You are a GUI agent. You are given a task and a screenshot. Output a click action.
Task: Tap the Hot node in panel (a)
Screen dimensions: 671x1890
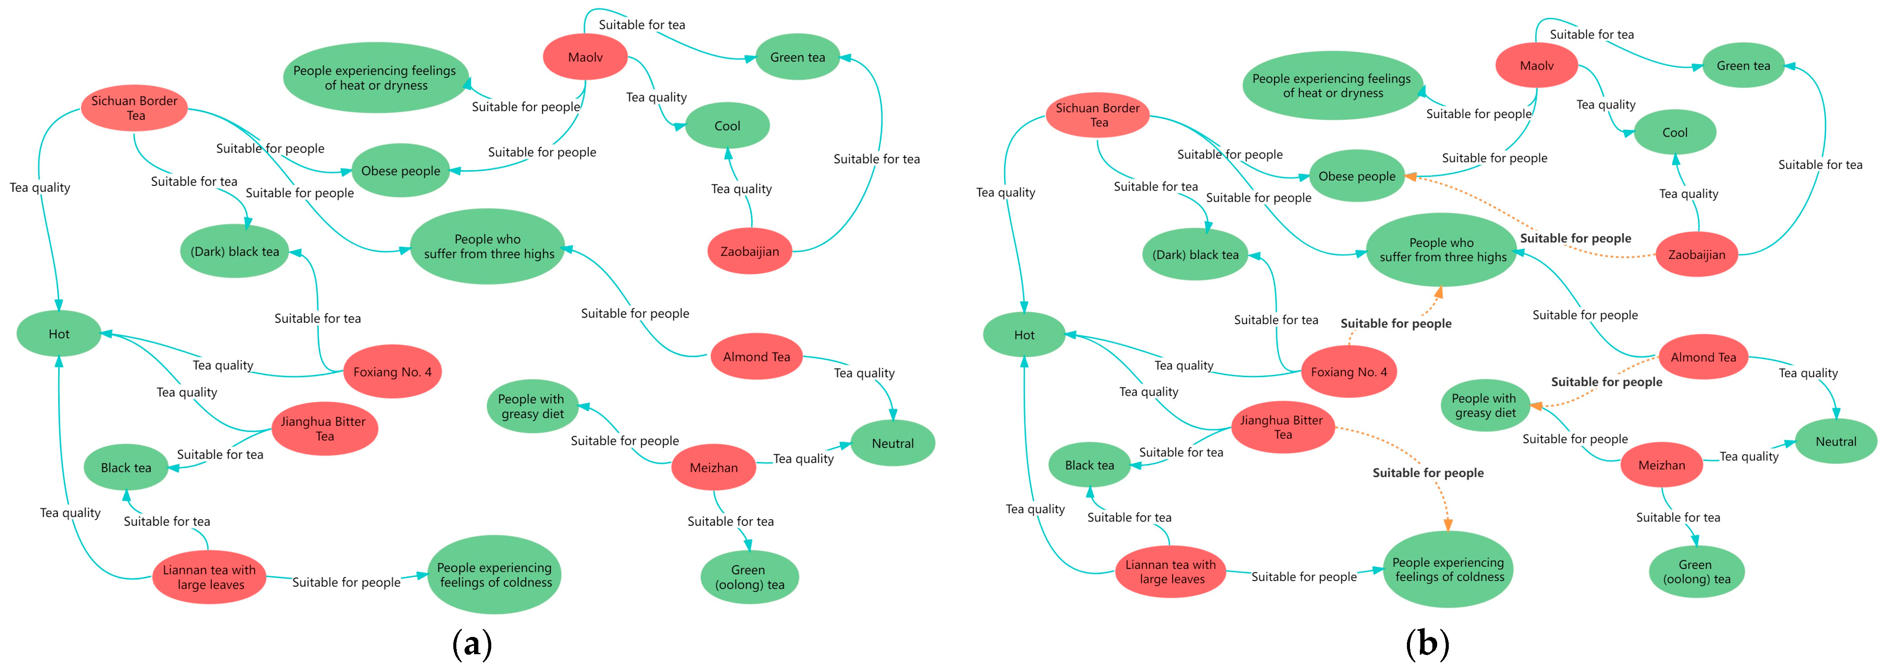pos(59,334)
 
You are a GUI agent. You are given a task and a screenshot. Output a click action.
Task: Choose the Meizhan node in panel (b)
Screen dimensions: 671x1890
pos(1661,465)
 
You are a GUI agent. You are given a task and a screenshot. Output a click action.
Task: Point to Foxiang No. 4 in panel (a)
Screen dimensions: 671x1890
pos(392,372)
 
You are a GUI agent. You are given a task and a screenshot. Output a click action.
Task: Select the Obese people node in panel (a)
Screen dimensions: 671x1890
pos(401,171)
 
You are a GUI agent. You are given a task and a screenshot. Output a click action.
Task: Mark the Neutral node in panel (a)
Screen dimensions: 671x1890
pos(892,443)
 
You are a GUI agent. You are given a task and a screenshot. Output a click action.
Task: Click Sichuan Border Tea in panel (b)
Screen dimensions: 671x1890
pos(1098,115)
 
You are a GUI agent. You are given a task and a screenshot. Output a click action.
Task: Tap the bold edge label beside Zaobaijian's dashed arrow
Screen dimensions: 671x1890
pos(1575,238)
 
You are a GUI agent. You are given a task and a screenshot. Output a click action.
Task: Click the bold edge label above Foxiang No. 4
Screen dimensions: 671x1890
pos(1395,323)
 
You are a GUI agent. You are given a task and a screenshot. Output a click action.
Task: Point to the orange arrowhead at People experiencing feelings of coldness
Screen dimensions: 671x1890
pos(1447,524)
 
